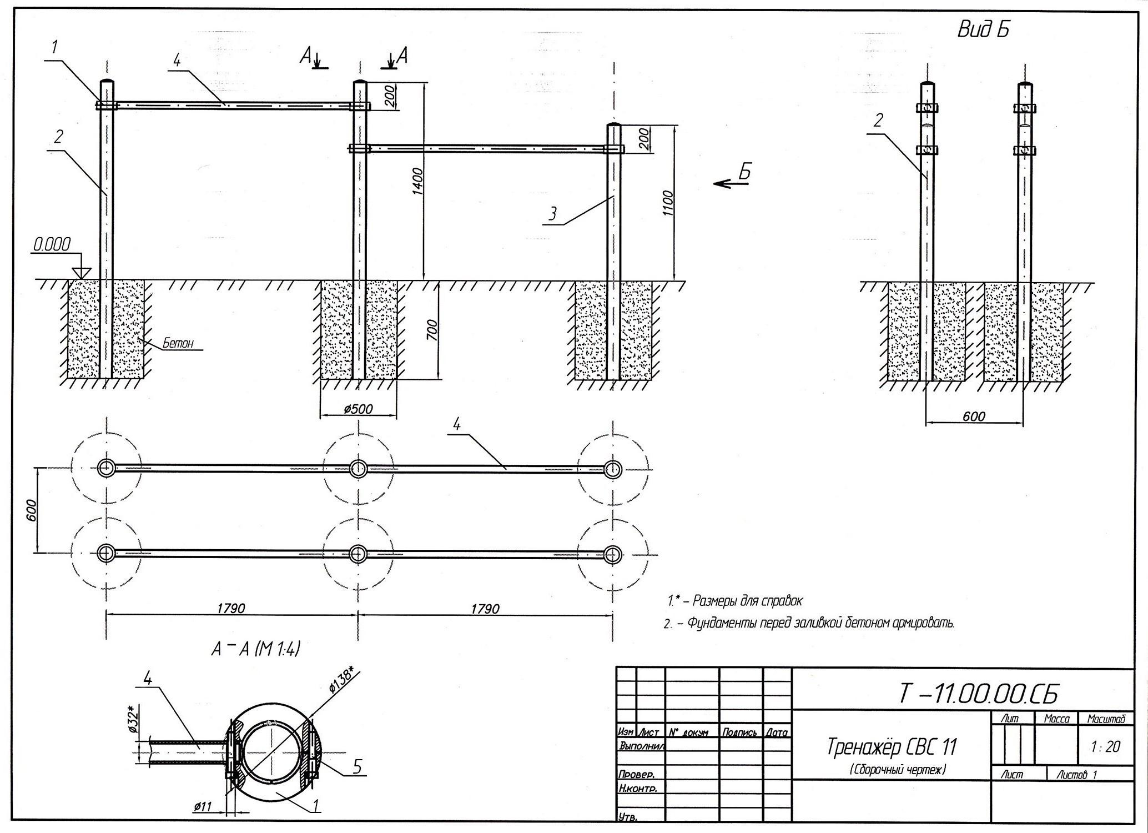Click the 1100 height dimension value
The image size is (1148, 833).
(x=668, y=204)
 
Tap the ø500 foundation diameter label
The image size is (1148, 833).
(x=358, y=409)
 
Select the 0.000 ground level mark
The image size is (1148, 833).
(x=52, y=244)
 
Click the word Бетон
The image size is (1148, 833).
(x=178, y=344)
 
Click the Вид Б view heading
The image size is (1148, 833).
(x=984, y=30)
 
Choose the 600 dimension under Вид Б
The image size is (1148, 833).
(x=974, y=416)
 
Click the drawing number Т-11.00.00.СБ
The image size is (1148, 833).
(x=978, y=694)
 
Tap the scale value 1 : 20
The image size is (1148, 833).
(x=1105, y=747)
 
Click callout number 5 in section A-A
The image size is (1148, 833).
(x=357, y=767)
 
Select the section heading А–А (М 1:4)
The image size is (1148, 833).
(x=255, y=650)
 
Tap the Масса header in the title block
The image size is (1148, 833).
(x=1056, y=719)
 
